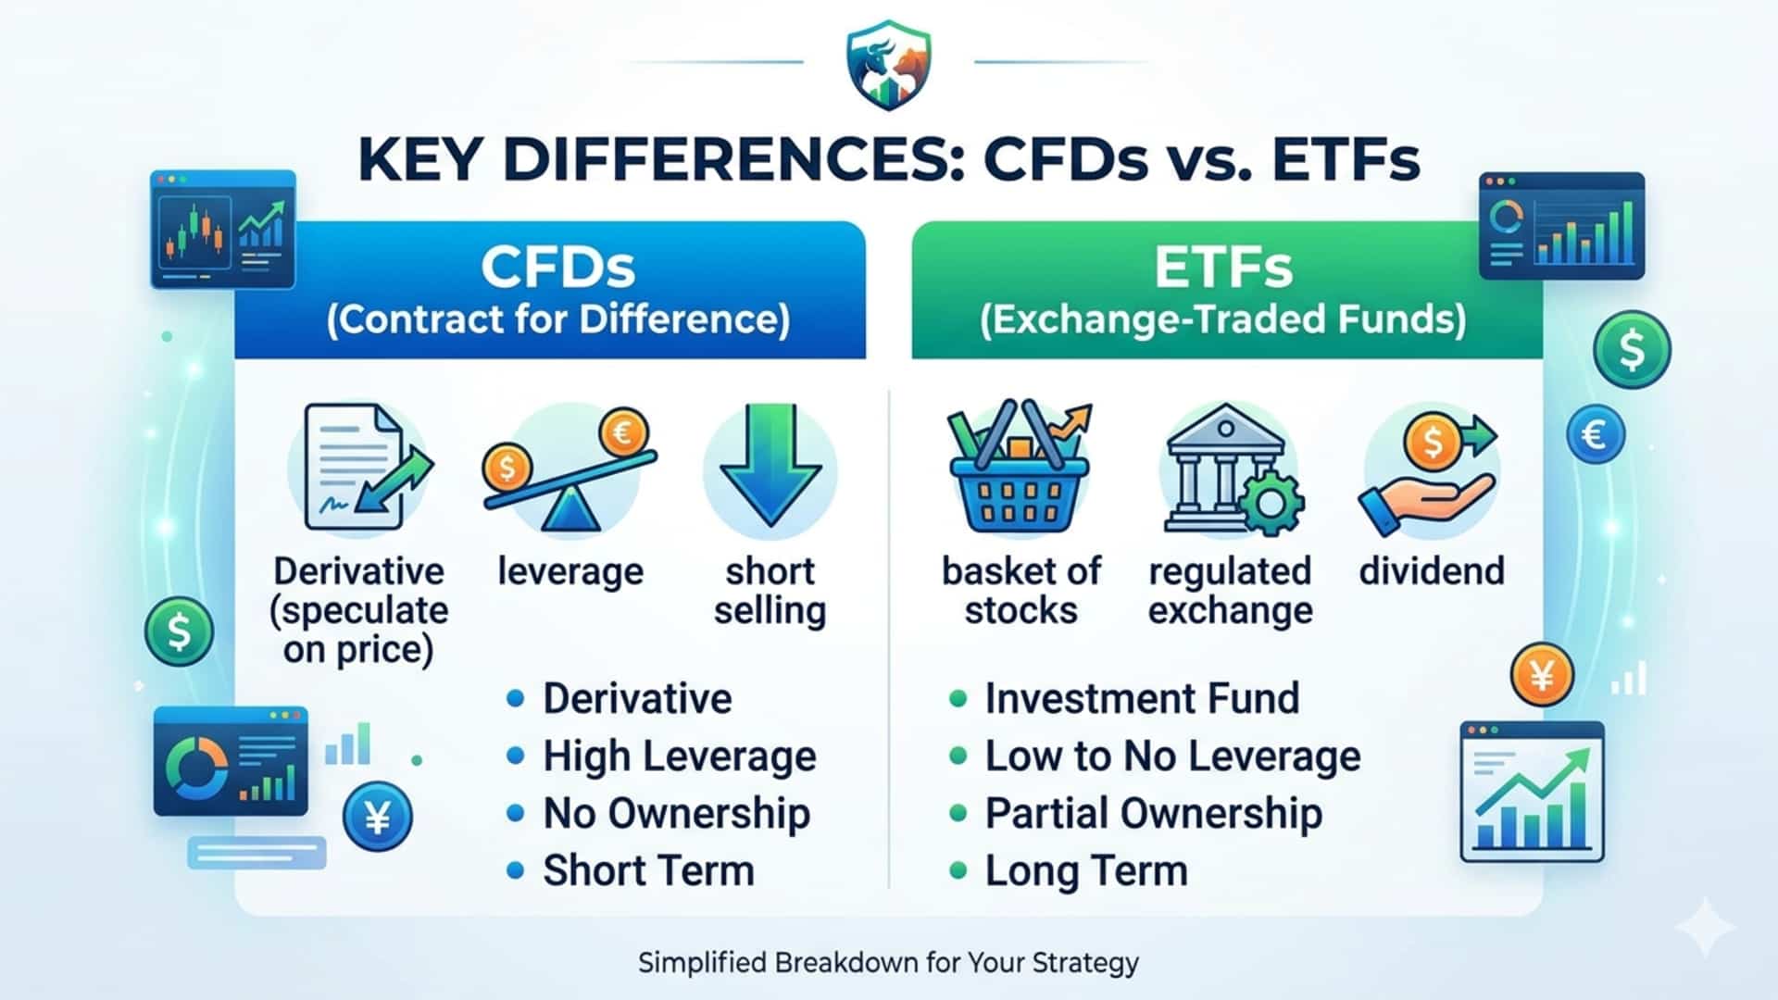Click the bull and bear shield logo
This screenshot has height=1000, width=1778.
coord(889,65)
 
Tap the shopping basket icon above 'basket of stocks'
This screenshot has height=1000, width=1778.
coord(1020,468)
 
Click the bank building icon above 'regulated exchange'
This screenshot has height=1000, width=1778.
coord(1225,467)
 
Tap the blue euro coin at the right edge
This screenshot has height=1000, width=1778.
coord(1596,434)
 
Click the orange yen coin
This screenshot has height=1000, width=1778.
coord(1542,675)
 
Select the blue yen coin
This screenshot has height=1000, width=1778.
coord(377,817)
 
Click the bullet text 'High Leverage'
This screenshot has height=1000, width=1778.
coord(680,756)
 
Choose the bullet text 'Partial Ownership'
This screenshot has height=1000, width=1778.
coord(1154,814)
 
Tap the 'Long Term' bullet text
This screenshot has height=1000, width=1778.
coord(1086,871)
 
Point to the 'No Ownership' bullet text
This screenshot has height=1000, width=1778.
coord(676,814)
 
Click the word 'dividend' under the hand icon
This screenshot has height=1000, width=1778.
coord(1432,570)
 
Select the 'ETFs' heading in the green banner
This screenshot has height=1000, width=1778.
coord(1223,268)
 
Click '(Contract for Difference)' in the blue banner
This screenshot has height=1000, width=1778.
coord(558,319)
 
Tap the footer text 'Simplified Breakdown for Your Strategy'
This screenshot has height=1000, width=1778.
coord(889,963)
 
